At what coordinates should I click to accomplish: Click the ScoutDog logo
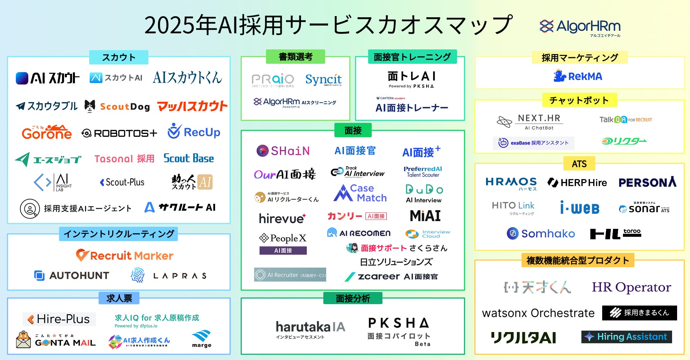pyautogui.click(x=117, y=106)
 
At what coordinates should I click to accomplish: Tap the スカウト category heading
pyautogui.click(x=119, y=57)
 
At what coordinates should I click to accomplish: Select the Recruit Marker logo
pyautogui.click(x=124, y=255)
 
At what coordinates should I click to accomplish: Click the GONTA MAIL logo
pyautogui.click(x=56, y=340)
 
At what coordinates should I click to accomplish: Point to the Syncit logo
pyautogui.click(x=323, y=80)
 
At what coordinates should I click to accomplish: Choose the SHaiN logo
pyautogui.click(x=283, y=151)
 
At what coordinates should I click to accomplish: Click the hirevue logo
pyautogui.click(x=282, y=218)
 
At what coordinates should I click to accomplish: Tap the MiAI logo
pyautogui.click(x=425, y=216)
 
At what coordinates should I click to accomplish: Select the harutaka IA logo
pyautogui.click(x=310, y=329)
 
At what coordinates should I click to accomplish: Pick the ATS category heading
pyautogui.click(x=579, y=164)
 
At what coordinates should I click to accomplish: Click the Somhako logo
pyautogui.click(x=541, y=234)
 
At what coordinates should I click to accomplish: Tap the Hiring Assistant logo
pyautogui.click(x=627, y=337)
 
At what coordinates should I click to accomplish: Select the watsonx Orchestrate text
pyautogui.click(x=538, y=313)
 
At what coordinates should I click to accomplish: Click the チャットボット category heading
pyautogui.click(x=579, y=100)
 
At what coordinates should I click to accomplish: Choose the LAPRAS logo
pyautogui.click(x=169, y=275)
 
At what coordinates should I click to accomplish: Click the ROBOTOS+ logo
pyautogui.click(x=119, y=133)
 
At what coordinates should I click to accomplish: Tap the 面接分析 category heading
pyautogui.click(x=353, y=298)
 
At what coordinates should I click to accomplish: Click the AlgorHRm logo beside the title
pyautogui.click(x=580, y=27)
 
